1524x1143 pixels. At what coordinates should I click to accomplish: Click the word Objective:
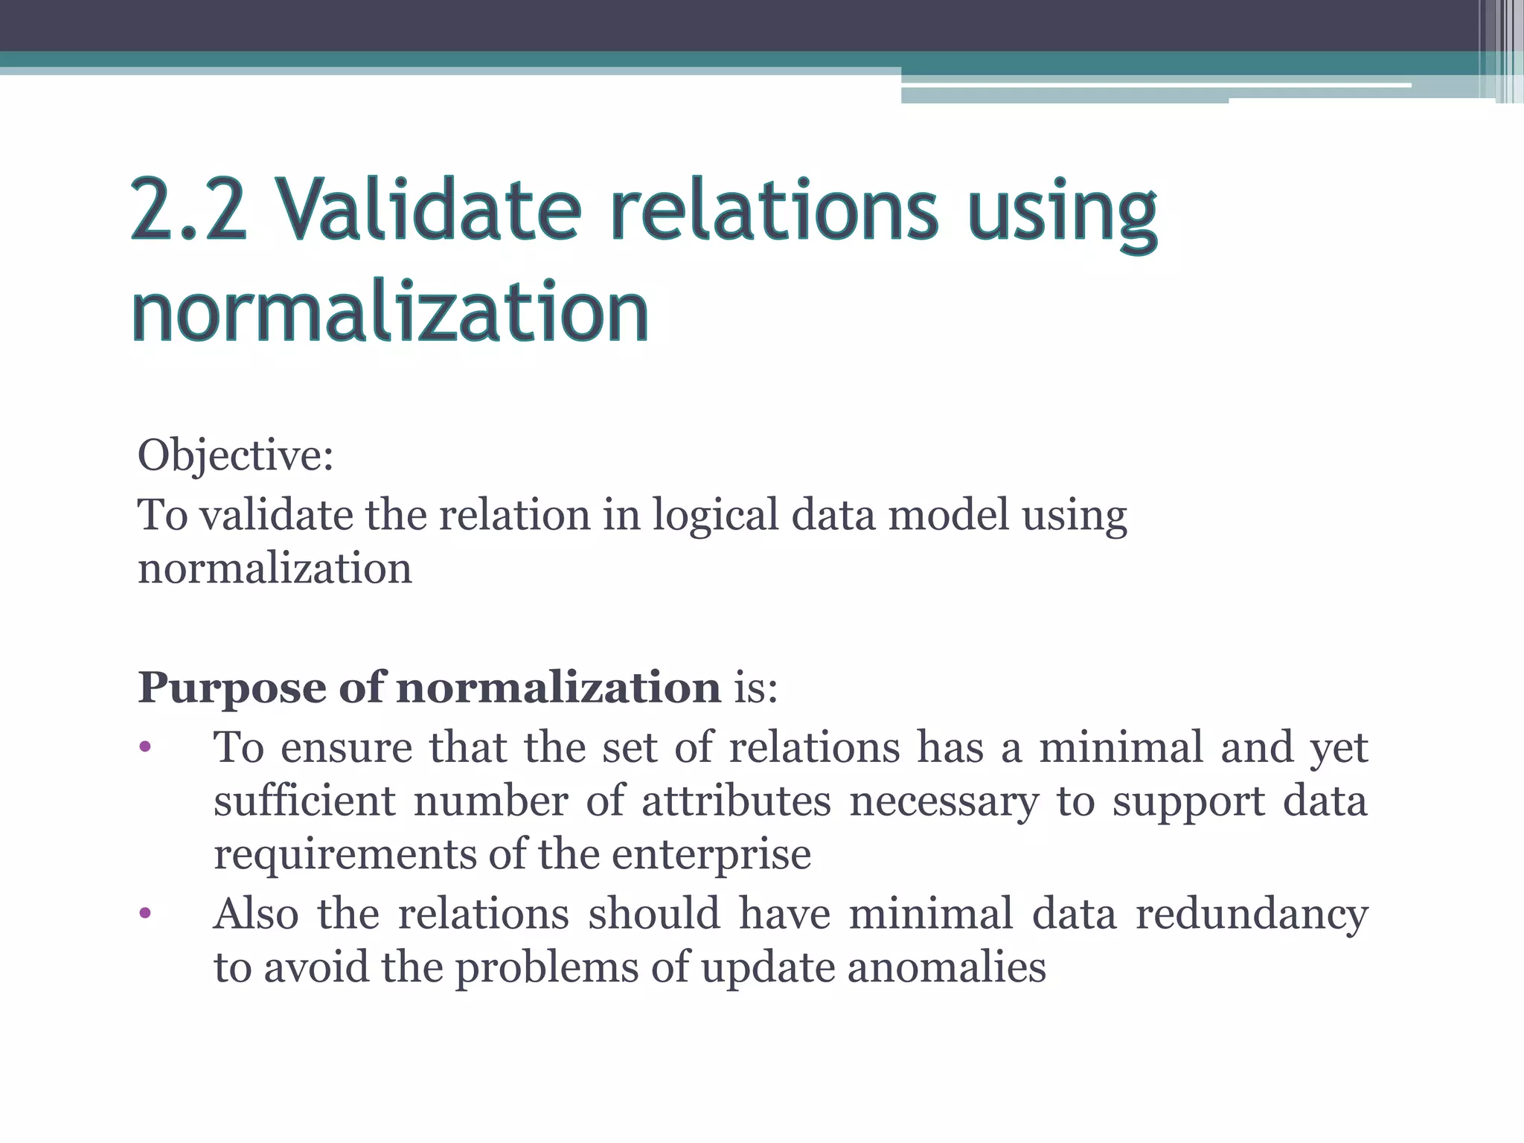[x=235, y=455]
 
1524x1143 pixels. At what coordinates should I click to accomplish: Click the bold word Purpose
[x=231, y=688]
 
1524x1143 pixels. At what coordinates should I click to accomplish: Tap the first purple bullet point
[x=145, y=747]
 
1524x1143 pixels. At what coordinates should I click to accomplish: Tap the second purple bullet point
[x=145, y=913]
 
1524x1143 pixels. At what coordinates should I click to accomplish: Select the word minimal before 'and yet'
[x=1121, y=747]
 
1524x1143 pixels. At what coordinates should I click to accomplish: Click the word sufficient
[x=305, y=801]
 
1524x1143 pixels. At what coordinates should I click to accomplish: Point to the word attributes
[x=736, y=801]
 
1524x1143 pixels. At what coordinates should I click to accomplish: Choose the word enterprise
[x=711, y=856]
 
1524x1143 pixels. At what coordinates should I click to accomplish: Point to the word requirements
[x=345, y=856]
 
